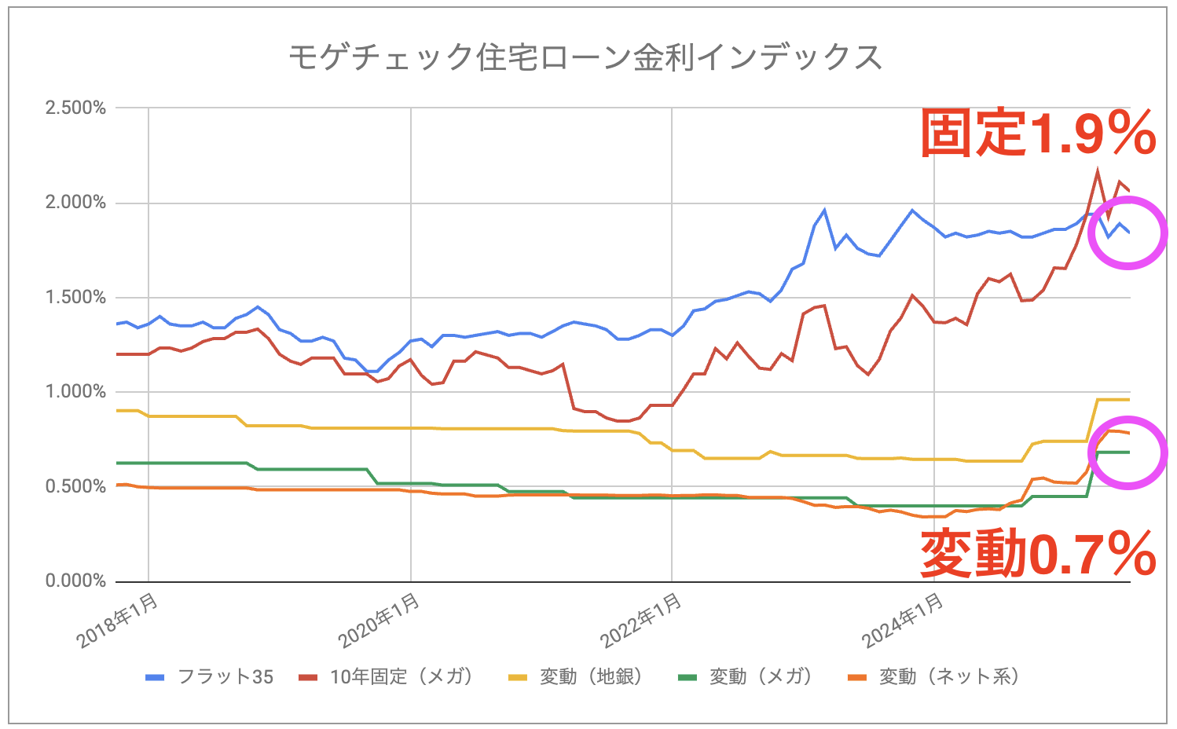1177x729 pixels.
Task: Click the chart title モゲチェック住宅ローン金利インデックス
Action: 585,57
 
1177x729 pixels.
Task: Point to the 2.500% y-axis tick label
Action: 75,108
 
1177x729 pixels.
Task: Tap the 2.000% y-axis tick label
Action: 75,203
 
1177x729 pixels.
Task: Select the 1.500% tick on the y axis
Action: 75,298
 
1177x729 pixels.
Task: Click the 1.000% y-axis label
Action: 75,392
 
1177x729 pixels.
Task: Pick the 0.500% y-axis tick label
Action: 75,487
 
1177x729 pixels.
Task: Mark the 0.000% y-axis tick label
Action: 75,581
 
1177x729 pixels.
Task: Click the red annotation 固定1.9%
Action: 1037,134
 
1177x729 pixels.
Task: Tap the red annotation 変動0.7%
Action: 1037,554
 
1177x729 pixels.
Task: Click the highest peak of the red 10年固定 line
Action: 1098,170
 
